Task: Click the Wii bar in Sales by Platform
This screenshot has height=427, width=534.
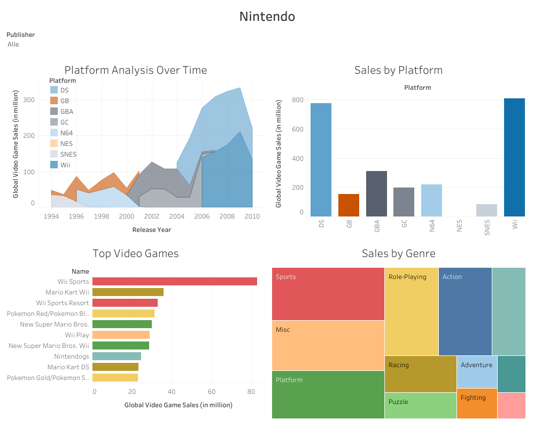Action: pos(515,158)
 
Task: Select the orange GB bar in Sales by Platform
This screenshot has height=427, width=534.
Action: pos(349,205)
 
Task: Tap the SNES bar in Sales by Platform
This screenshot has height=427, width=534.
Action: pos(486,210)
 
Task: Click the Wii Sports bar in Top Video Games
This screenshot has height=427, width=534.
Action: pos(174,281)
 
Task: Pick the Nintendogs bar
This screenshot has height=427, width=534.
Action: pos(117,356)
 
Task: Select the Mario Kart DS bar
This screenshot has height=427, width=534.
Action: pos(115,367)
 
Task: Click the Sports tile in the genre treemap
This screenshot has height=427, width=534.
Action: pos(328,294)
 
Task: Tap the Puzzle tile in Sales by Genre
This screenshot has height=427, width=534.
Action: pos(420,406)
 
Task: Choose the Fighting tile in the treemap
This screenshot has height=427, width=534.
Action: pos(477,403)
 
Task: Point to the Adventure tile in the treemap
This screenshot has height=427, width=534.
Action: pos(477,371)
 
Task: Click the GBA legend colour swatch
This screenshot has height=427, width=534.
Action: pos(54,112)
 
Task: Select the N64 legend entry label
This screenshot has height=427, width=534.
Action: pos(66,133)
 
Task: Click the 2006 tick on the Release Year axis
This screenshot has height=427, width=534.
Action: pos(202,216)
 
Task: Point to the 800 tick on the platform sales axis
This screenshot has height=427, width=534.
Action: pos(298,100)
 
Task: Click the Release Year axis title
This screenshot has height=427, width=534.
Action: pos(152,230)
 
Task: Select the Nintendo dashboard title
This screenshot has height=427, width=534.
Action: pos(267,17)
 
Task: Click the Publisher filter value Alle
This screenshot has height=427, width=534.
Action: pos(13,44)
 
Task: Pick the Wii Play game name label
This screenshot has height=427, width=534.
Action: pos(77,335)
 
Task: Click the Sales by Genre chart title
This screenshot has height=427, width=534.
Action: pos(398,253)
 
